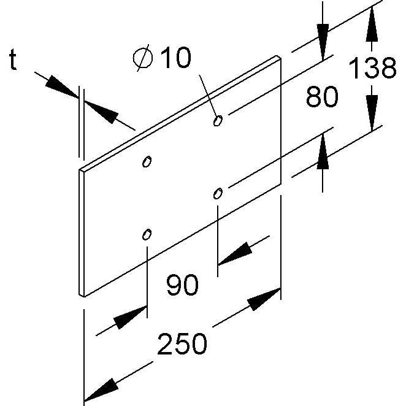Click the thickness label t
pos(13,59)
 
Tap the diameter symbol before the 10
pos(143,58)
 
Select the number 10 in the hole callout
pos(176,58)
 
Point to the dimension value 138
pos(372,67)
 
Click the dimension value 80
pos(322,96)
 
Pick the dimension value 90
pos(182,285)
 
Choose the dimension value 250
pos(182,344)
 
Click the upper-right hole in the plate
pos(218,120)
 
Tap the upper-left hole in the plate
pos(147,162)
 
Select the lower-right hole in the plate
pos(218,193)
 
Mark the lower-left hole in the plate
pos(147,234)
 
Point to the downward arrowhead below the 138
pos(372,113)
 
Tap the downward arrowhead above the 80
pos(323,42)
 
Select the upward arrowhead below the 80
pos(323,151)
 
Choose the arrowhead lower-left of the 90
pos(130,317)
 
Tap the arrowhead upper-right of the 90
pos(235,254)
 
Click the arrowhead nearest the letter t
pos(62,86)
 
